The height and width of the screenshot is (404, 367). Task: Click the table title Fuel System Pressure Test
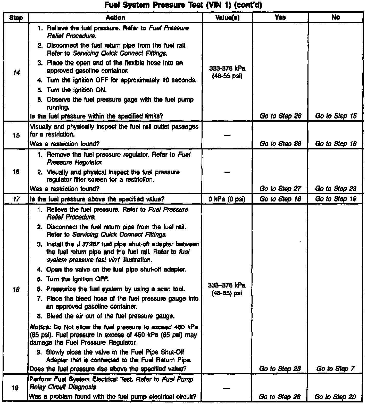183,5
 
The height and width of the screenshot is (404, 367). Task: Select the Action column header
115,18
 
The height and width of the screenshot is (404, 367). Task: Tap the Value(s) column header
227,18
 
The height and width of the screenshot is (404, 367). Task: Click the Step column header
16,18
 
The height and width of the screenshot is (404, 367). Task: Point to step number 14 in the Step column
16,72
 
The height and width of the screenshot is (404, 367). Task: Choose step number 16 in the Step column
16,172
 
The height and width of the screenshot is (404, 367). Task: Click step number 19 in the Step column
15,388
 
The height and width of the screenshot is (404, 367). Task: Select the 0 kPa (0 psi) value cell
227,199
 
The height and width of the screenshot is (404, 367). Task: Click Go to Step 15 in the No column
336,116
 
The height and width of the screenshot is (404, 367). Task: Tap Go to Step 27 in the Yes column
280,189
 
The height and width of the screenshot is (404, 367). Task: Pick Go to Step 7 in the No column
335,369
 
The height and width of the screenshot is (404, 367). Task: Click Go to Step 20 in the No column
335,397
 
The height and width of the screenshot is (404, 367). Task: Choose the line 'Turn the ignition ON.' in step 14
77,90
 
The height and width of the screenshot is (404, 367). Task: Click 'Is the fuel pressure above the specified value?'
97,199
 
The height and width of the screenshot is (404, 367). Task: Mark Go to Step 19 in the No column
336,199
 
